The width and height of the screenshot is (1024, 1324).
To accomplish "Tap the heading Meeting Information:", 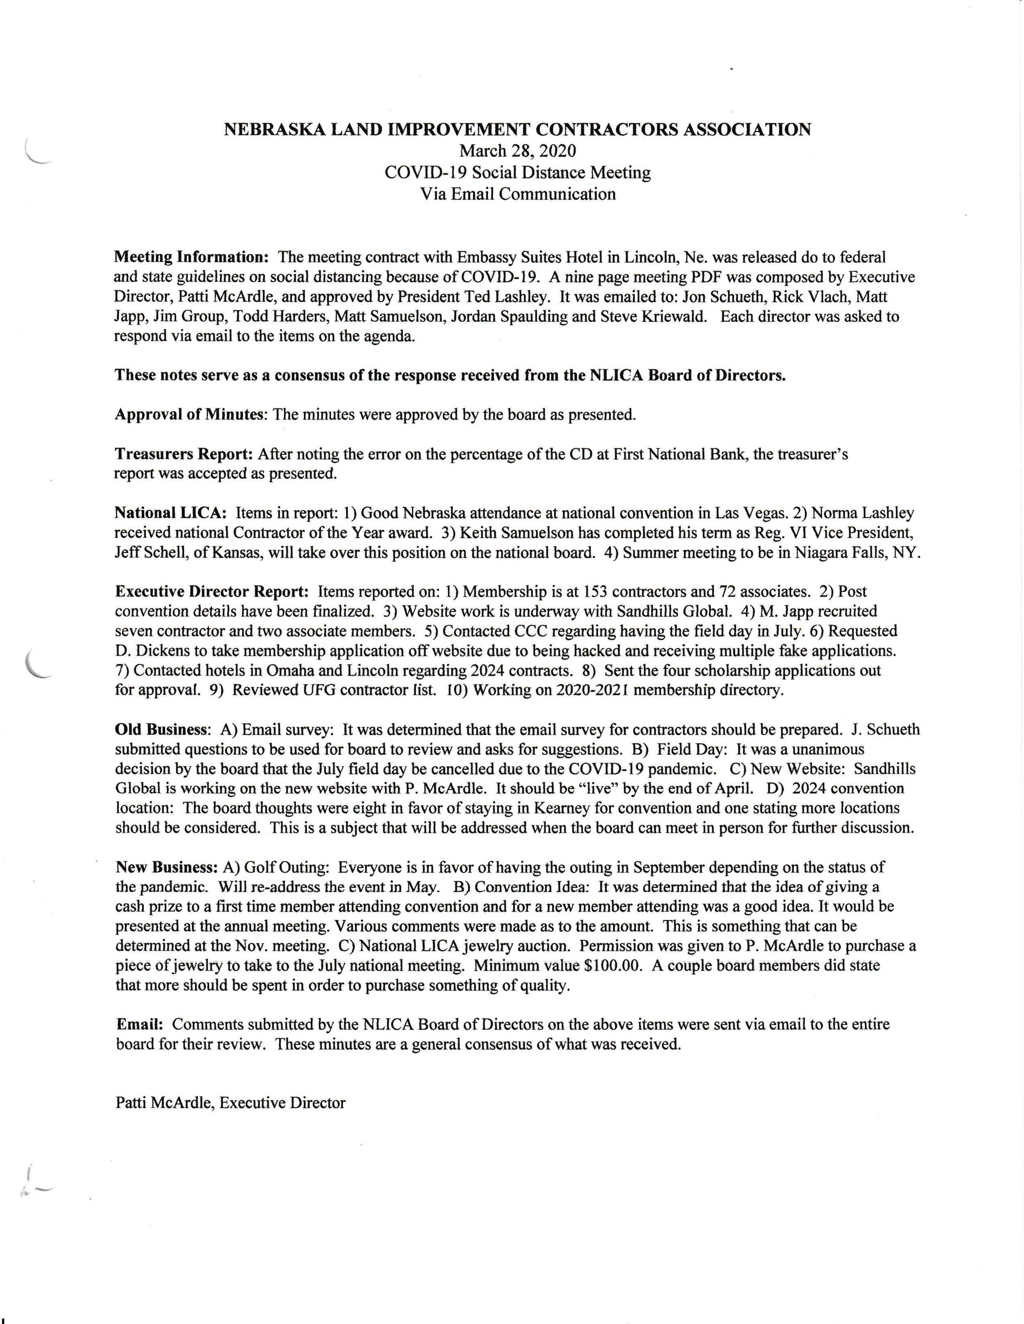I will click(192, 257).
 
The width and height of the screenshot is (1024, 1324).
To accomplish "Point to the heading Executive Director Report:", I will click(212, 591).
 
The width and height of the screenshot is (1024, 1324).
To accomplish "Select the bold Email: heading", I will click(140, 1024).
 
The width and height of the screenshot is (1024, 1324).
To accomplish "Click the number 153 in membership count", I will click(577, 591).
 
